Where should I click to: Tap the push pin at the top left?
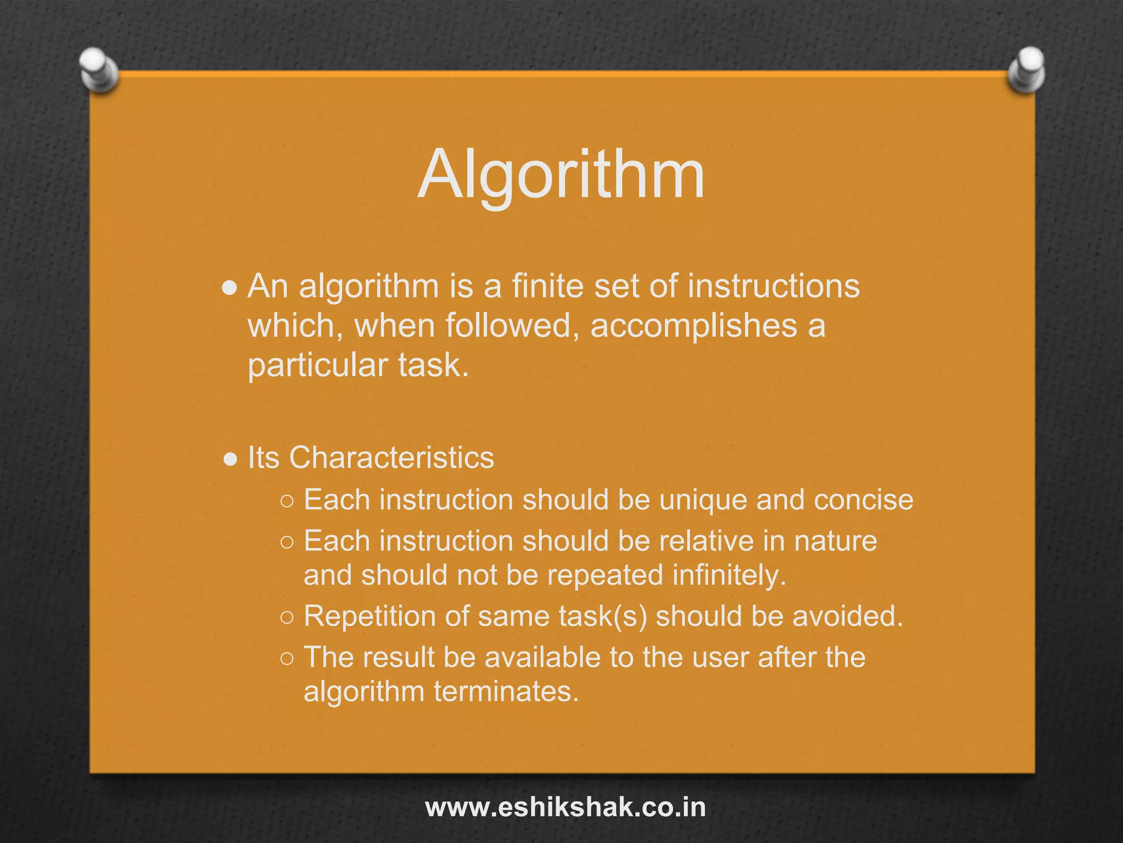click(x=98, y=70)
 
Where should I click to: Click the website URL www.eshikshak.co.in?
click(x=565, y=808)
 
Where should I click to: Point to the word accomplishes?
click(x=694, y=326)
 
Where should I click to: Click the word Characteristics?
click(x=392, y=457)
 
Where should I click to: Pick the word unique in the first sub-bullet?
click(x=704, y=500)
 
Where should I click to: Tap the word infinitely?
click(x=729, y=575)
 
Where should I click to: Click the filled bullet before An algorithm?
click(x=230, y=288)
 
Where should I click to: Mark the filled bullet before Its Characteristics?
click(x=231, y=459)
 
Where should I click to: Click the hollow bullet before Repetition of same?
click(x=287, y=617)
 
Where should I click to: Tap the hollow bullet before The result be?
click(x=287, y=659)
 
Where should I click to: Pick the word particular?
click(x=317, y=366)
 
